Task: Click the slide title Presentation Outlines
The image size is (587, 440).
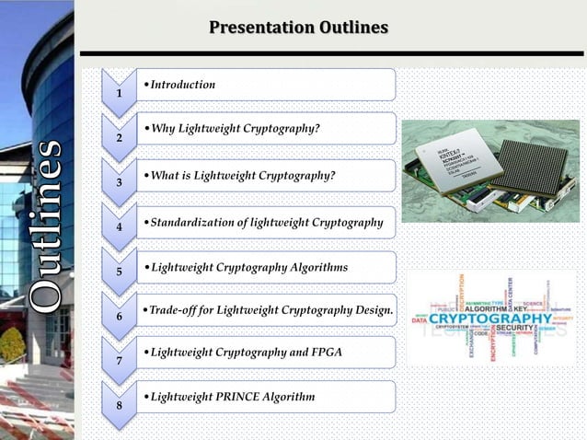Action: pos(298,28)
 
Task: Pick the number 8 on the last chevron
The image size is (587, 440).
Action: pos(118,405)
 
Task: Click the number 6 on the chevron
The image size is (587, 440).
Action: pos(118,317)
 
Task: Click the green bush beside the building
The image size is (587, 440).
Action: pos(12,344)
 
